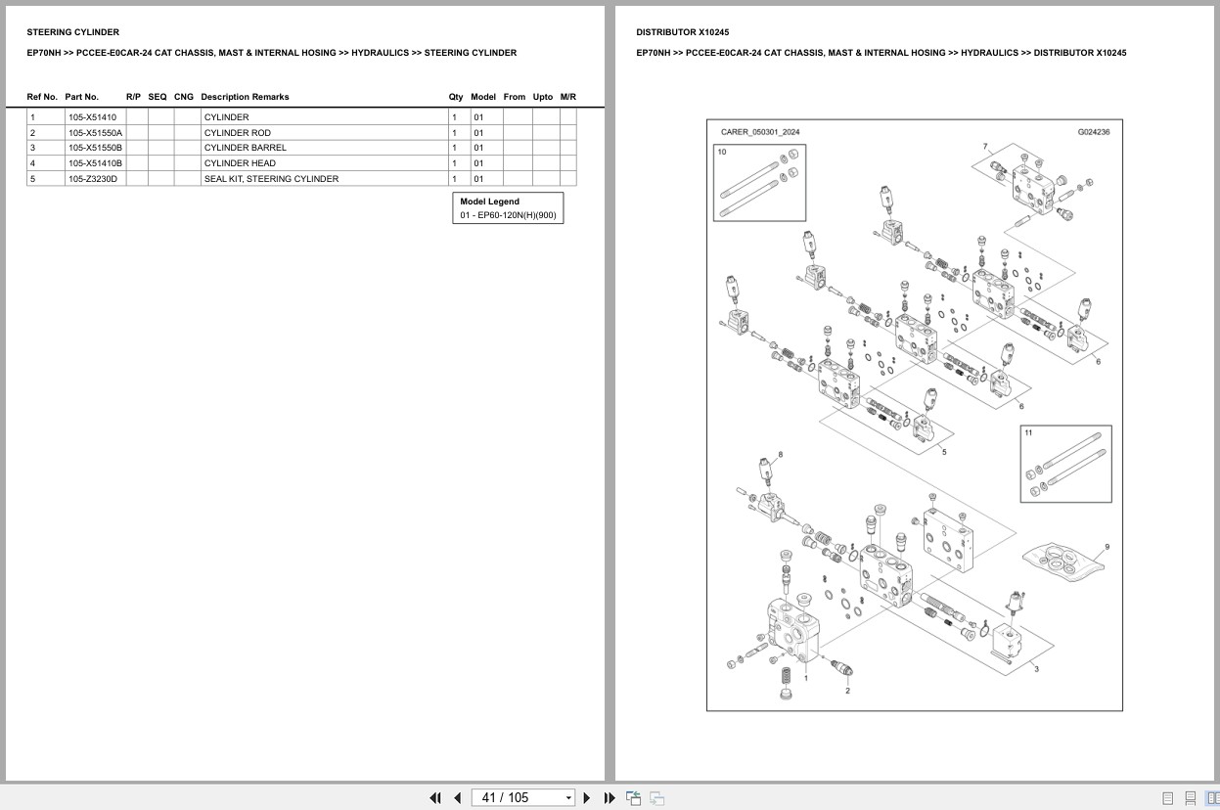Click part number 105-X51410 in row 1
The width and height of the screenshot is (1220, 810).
pos(92,117)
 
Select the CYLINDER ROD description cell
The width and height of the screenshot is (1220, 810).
pos(238,133)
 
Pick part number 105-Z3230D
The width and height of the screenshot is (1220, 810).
pos(92,179)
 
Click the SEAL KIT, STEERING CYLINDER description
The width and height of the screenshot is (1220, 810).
pos(271,179)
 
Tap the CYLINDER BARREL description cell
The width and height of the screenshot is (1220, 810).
pos(245,148)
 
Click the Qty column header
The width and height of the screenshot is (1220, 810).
pos(456,97)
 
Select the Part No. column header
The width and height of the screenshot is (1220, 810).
pos(82,97)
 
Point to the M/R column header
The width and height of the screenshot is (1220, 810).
pos(568,97)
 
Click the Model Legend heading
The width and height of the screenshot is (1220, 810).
pos(489,202)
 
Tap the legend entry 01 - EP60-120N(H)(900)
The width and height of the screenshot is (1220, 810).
pos(508,215)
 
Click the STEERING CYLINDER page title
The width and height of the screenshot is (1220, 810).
pos(72,32)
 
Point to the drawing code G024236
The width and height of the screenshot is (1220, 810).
pos(1093,132)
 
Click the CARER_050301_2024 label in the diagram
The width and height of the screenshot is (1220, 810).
pos(760,132)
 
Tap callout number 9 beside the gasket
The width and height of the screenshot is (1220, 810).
pos(1107,547)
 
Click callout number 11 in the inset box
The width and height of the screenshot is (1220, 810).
pos(1028,432)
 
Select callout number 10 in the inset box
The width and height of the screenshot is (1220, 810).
pos(722,153)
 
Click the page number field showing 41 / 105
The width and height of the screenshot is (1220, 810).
pos(522,797)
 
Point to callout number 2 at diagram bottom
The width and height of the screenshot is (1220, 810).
pos(847,691)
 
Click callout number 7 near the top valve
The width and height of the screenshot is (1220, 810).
pos(985,147)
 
